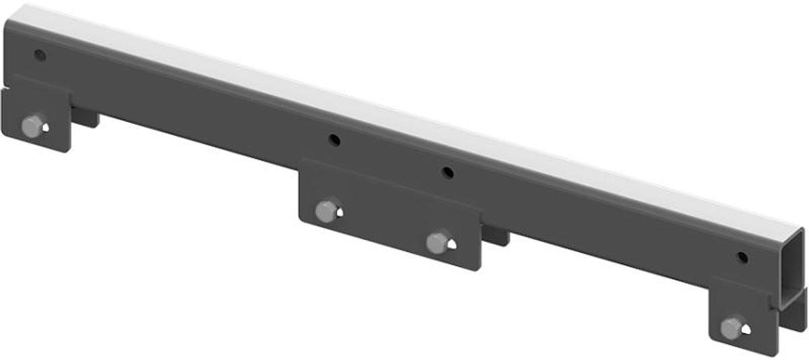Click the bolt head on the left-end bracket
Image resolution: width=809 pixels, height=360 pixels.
coord(32,125)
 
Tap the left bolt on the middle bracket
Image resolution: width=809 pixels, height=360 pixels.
coord(327,210)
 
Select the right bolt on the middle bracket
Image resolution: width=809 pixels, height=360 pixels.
coord(439,241)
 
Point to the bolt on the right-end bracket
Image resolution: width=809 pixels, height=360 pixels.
coord(731,328)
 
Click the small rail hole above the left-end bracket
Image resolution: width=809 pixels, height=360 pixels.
coord(40,55)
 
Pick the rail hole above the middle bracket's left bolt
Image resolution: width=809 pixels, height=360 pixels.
coord(334,140)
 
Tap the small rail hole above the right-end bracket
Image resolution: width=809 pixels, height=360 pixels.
coord(742,258)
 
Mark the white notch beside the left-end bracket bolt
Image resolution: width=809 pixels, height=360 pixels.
coord(44,125)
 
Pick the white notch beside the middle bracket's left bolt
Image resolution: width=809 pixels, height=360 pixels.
coord(340,212)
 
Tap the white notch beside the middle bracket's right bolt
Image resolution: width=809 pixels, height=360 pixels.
coord(452,243)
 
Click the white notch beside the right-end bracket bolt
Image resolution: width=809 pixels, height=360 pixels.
coord(745,329)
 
